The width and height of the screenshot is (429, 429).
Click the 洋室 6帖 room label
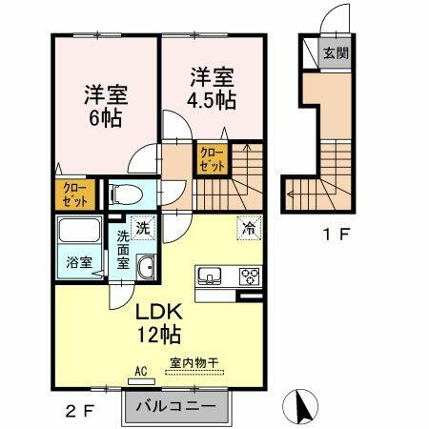(107, 107)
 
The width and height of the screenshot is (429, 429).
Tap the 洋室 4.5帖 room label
(212, 86)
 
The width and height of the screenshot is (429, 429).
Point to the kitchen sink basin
(211, 277)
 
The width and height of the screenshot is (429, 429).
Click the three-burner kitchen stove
(249, 277)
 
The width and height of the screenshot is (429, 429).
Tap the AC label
(139, 371)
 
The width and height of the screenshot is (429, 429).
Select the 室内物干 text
(194, 362)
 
